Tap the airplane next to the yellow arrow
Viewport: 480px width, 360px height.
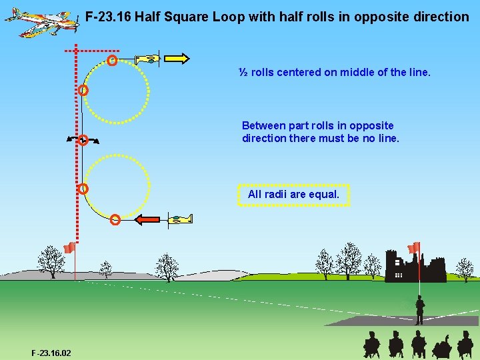[149, 59]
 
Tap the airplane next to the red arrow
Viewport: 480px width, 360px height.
[179, 219]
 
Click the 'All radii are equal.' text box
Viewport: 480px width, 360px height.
[293, 195]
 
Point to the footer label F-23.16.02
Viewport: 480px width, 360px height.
[51, 353]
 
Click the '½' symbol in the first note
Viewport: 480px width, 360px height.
[244, 72]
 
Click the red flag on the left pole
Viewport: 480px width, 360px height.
[69, 249]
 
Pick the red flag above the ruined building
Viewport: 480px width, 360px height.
[414, 247]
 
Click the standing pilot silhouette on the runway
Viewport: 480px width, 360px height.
[419, 310]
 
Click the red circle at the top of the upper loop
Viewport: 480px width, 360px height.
[112, 61]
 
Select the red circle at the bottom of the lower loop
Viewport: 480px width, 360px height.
[115, 219]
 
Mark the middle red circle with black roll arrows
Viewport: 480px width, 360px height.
[83, 140]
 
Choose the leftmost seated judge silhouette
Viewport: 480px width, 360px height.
[371, 345]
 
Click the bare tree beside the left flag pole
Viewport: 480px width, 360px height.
[50, 261]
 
